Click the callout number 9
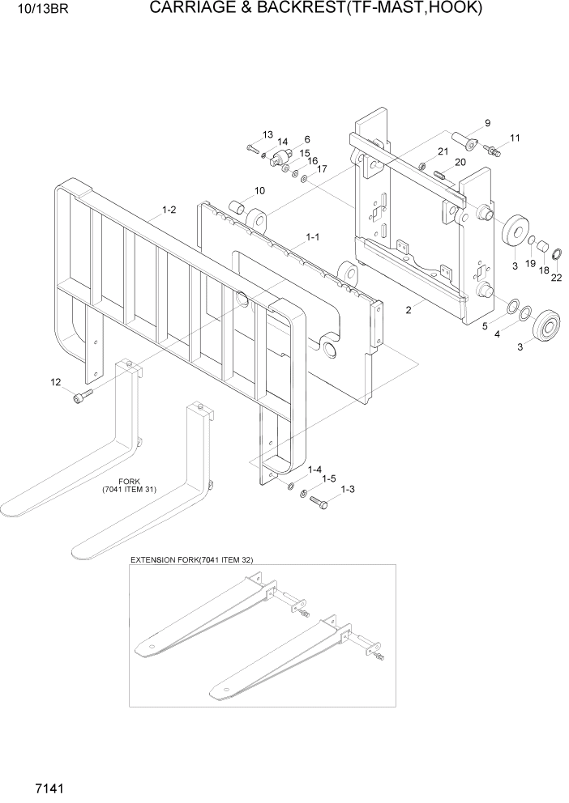487,123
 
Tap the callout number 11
515,138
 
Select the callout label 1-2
169,210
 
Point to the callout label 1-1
312,237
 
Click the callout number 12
55,382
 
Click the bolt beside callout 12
83,395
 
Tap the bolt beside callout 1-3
319,503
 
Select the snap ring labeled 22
558,257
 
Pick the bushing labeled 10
237,206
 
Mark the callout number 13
267,134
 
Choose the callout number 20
460,162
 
